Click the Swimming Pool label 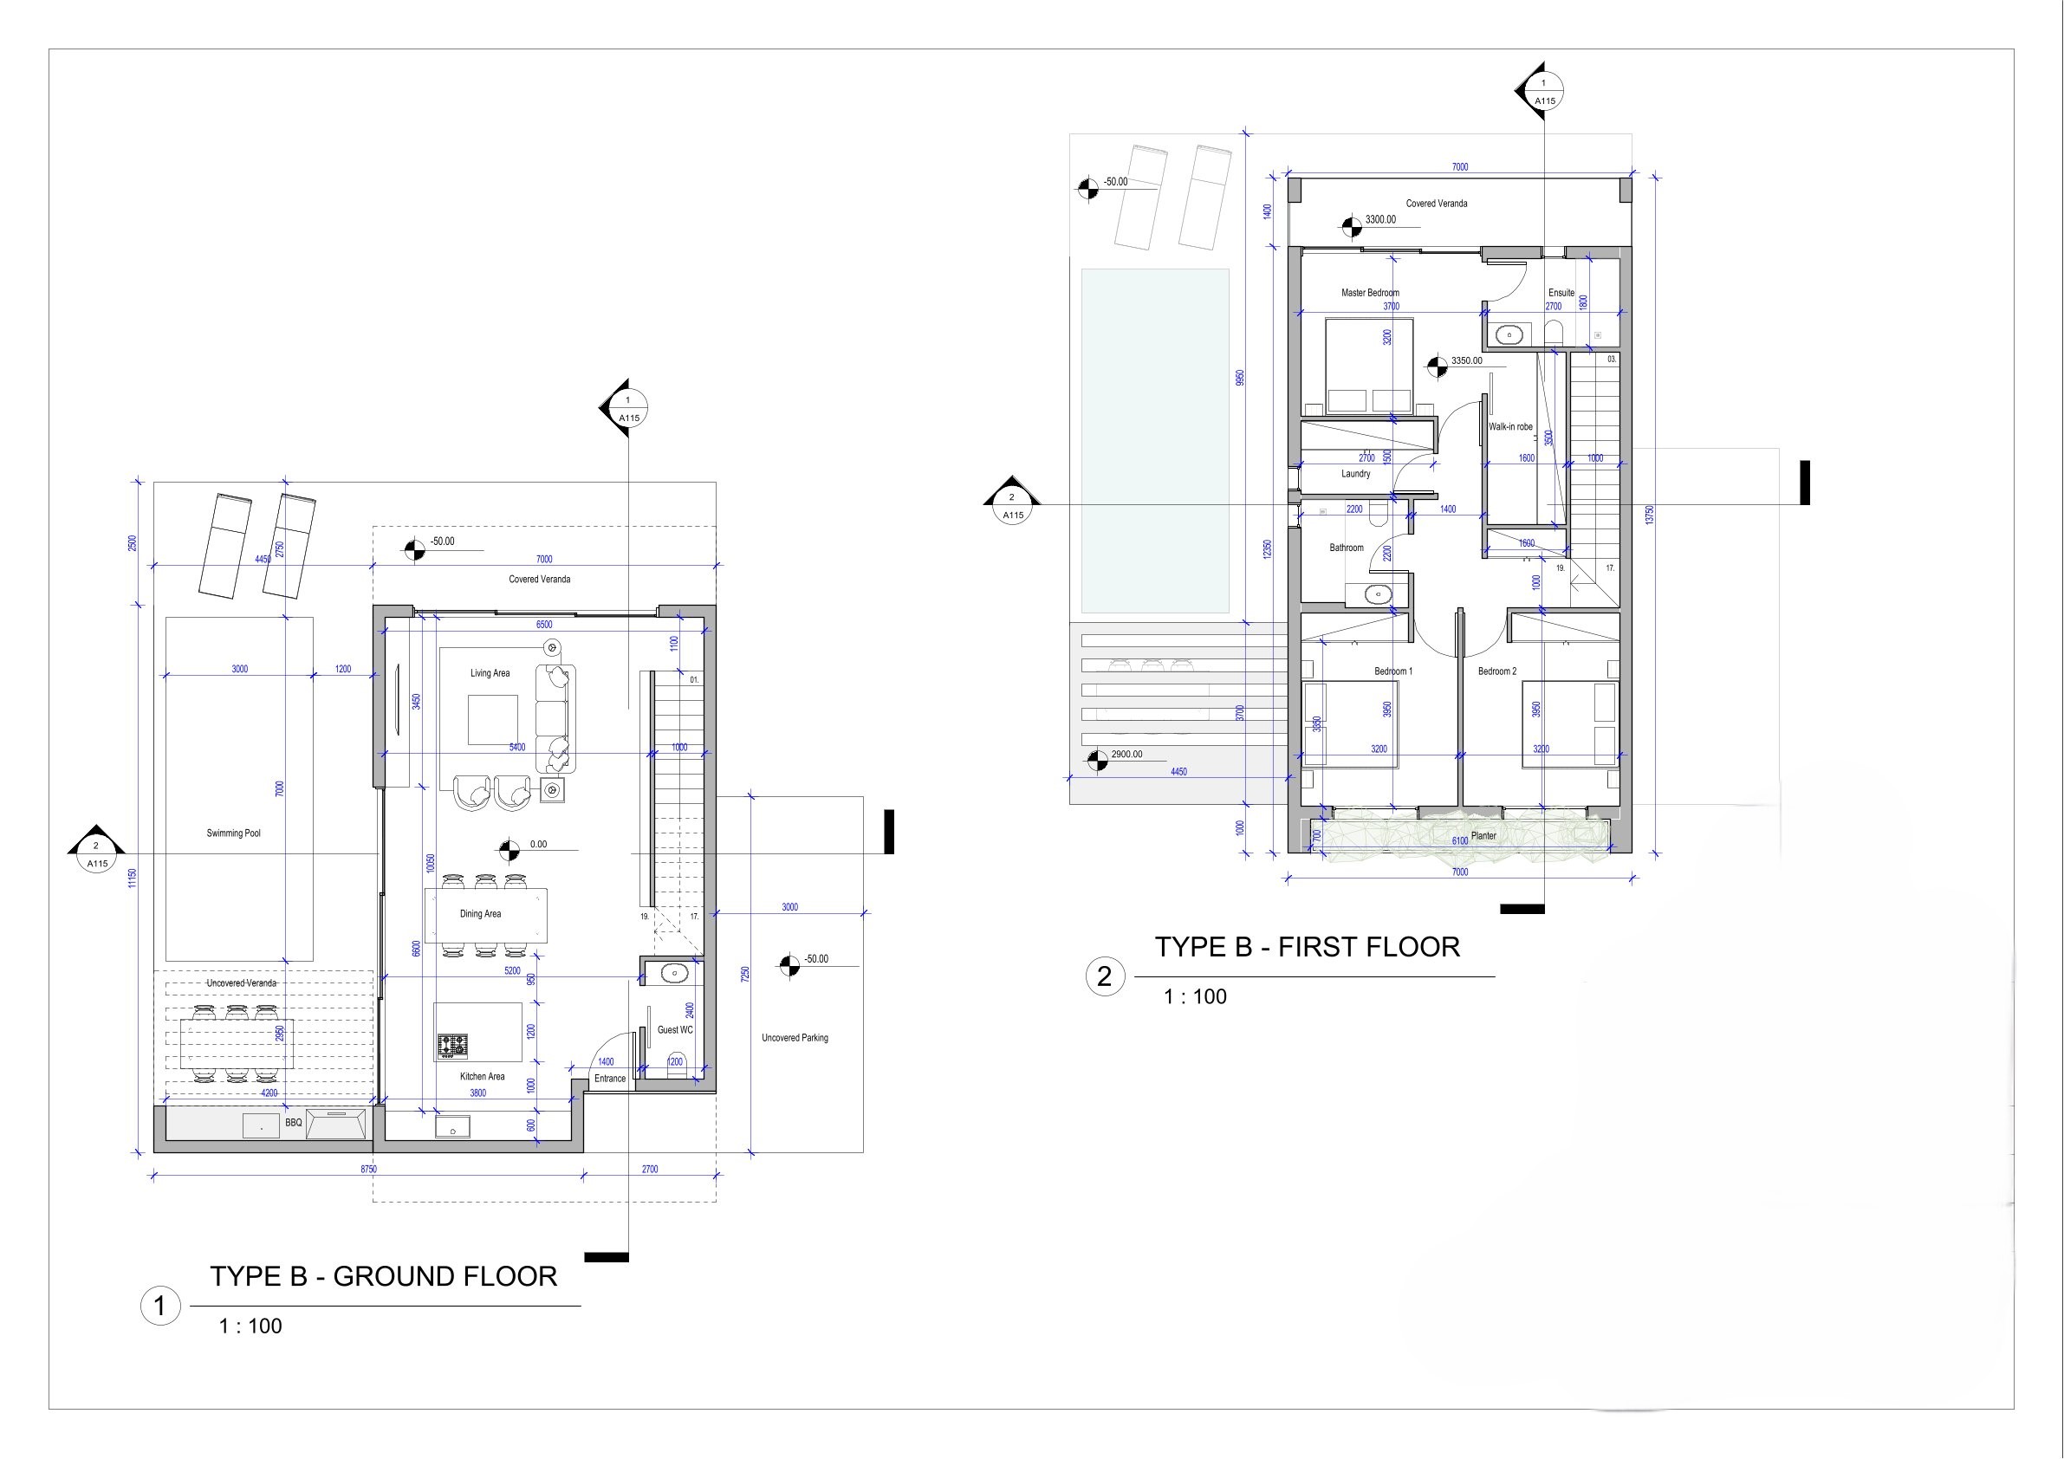(233, 833)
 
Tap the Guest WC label (674, 1030)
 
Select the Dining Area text (480, 914)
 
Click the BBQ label (293, 1124)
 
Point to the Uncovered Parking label (795, 1038)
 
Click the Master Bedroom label (1370, 293)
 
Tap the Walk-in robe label (1510, 427)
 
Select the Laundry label (1355, 474)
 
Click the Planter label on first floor (1483, 836)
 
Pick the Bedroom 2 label (1496, 671)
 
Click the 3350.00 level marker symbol (1438, 364)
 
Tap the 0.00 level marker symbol (509, 847)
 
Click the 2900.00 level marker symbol (1097, 761)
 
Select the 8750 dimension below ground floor (368, 1170)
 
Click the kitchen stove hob (452, 1045)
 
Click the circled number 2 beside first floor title (1105, 976)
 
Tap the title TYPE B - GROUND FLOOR (384, 1276)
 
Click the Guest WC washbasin (672, 973)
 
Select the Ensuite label (1561, 293)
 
